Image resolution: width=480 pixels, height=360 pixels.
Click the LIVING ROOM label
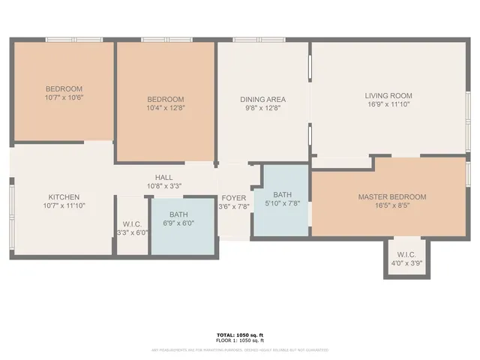tap(388, 95)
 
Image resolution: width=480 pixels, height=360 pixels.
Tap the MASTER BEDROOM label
tap(391, 196)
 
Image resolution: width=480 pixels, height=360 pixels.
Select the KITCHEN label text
tap(64, 196)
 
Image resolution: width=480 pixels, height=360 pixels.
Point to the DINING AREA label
tap(262, 99)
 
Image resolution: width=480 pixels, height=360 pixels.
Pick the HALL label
tap(164, 176)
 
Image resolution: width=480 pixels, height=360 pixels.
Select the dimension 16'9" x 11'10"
tap(388, 105)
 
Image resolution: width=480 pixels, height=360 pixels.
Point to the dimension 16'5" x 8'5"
tap(391, 206)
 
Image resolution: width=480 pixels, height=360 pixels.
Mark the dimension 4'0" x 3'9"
tap(406, 263)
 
